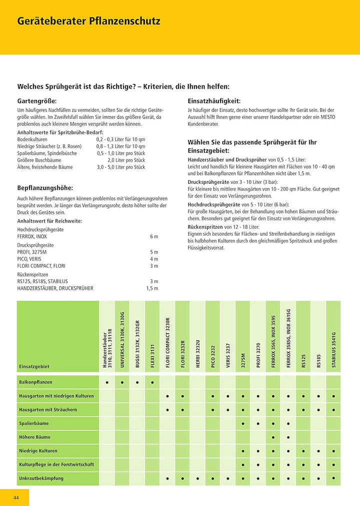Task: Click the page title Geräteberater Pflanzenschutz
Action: [x=89, y=22]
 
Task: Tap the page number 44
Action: [x=16, y=498]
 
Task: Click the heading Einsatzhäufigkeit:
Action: [x=214, y=100]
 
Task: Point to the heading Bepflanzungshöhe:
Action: [x=45, y=188]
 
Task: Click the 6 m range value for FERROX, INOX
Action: [x=154, y=236]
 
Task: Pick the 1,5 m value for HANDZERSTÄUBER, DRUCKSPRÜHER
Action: [x=152, y=288]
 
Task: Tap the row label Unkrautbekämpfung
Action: [x=41, y=479]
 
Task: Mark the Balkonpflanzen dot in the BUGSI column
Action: [x=137, y=383]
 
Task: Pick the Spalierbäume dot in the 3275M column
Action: [x=243, y=424]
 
